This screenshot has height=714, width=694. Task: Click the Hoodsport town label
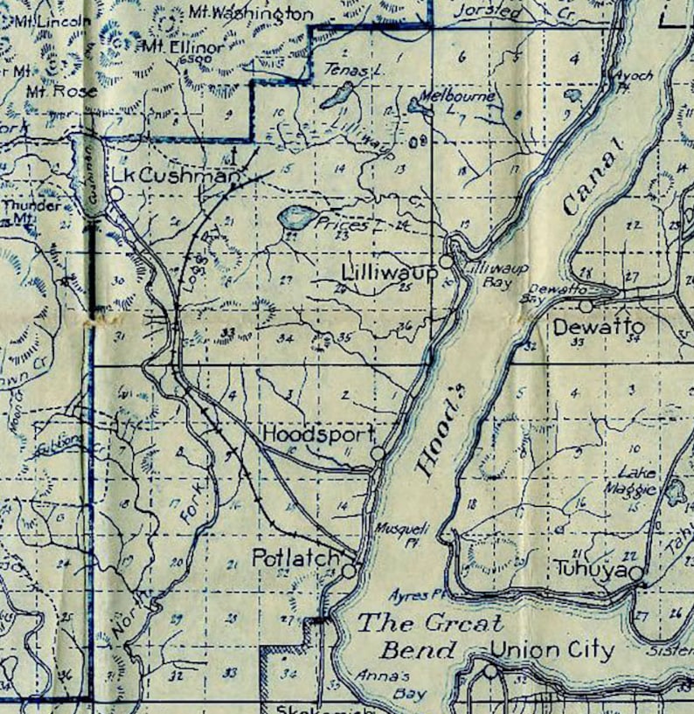[x=318, y=434]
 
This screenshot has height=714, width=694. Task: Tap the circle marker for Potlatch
[x=349, y=571]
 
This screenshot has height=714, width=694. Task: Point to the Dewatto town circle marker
[x=585, y=306]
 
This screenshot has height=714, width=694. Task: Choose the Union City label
[x=552, y=650]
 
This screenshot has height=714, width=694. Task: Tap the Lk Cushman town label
[x=175, y=176]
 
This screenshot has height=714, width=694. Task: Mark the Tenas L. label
[x=344, y=68]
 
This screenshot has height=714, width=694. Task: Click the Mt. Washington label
[x=250, y=14]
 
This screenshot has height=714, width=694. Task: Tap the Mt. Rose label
[x=50, y=90]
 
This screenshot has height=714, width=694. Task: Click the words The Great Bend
[x=431, y=636]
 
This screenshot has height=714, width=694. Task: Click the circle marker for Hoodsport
[x=378, y=454]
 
